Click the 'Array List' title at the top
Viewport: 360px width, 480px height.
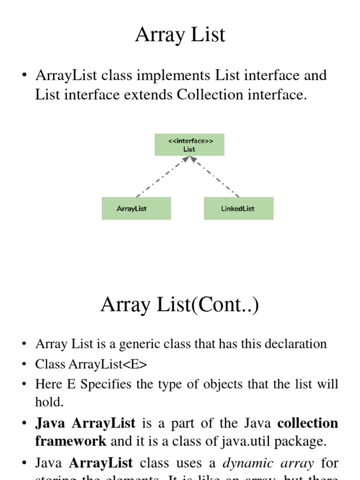pyautogui.click(x=180, y=35)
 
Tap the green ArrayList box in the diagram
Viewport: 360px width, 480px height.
pyautogui.click(x=136, y=209)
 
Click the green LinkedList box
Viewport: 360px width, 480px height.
pyautogui.click(x=239, y=209)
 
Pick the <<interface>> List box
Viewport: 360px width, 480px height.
pyautogui.click(x=189, y=145)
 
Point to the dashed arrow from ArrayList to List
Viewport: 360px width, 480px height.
pyautogui.click(x=159, y=178)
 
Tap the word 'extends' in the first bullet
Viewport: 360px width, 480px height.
pyautogui.click(x=152, y=95)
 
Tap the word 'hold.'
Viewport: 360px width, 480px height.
pyautogui.click(x=49, y=402)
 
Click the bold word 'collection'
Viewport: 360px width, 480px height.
pyautogui.click(x=307, y=423)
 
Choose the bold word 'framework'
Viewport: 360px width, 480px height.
pyautogui.click(x=71, y=441)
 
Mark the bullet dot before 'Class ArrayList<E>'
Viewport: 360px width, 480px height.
pyautogui.click(x=23, y=364)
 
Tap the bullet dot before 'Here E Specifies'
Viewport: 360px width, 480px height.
pyautogui.click(x=23, y=384)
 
